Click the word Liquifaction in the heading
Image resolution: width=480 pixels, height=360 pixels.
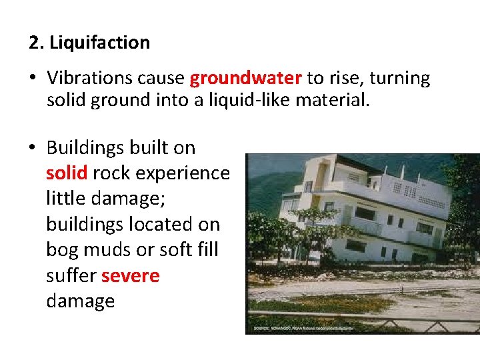click(x=99, y=43)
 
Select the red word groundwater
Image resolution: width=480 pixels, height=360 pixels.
click(x=245, y=79)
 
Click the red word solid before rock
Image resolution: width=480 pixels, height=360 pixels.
click(x=67, y=173)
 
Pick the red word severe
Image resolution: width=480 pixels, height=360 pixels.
click(x=130, y=275)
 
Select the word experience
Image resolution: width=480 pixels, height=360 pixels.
click(x=183, y=173)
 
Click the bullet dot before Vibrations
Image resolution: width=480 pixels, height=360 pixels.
click(x=32, y=79)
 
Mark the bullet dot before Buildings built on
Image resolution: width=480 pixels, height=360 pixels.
click(x=32, y=147)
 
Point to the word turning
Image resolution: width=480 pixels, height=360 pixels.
click(x=399, y=79)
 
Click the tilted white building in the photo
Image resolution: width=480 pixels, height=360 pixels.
click(x=360, y=213)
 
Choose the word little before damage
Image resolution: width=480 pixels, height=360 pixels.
click(x=68, y=199)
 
